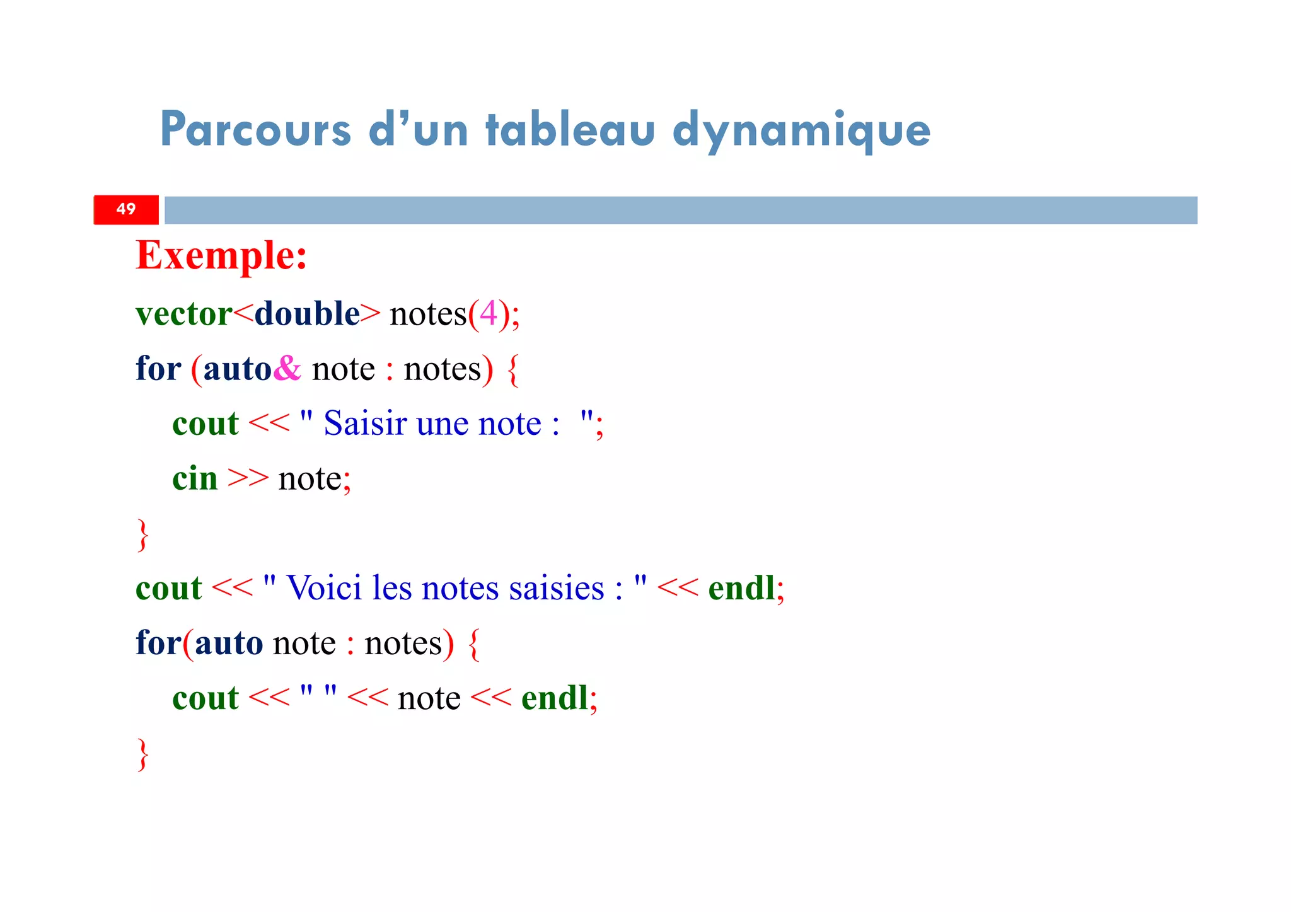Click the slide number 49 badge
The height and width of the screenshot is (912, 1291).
126,209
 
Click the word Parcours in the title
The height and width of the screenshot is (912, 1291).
255,130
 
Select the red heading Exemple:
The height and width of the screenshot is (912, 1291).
221,256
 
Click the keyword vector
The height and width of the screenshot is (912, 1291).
183,314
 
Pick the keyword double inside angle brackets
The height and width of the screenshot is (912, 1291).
307,314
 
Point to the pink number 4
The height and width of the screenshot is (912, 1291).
489,314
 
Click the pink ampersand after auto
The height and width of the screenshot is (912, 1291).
287,368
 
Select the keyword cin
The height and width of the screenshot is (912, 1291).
195,478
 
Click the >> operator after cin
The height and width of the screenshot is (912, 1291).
248,478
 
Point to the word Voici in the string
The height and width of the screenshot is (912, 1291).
324,588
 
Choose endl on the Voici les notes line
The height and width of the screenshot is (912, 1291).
741,588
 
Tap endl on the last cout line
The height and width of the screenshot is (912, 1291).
555,698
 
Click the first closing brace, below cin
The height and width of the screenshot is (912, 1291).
143,535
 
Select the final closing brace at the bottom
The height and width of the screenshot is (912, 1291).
143,754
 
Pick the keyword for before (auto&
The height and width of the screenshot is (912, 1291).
158,368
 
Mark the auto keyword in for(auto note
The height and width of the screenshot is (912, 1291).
229,644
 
